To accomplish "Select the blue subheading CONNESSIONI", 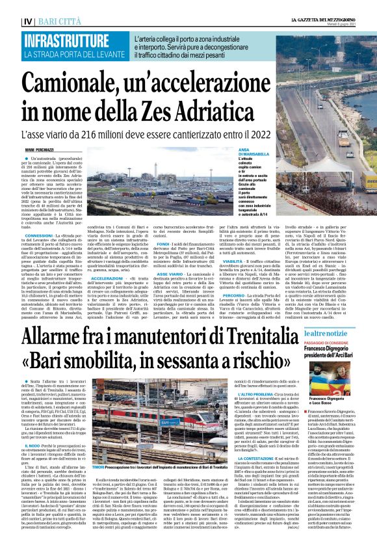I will pos(39,235).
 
